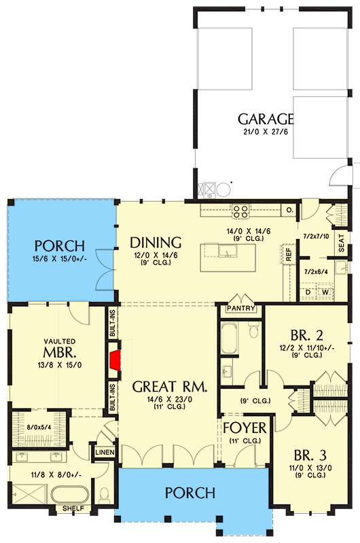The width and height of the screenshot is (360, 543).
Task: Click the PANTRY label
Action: pos(242,309)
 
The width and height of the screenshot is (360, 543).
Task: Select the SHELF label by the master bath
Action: pos(73,508)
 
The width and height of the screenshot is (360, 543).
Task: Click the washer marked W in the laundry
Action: pos(324,293)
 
